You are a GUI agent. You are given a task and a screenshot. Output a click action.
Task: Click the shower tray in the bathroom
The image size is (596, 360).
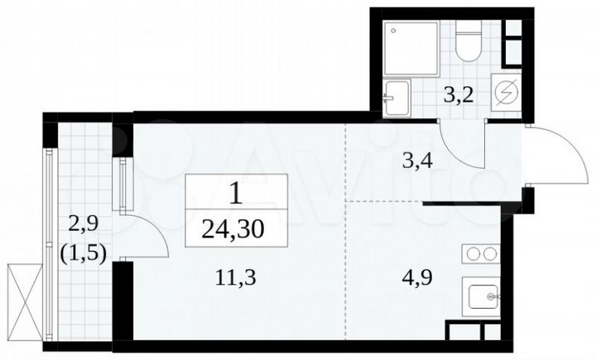pos(408,46)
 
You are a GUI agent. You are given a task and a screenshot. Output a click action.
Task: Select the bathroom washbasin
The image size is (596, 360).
pos(397,97)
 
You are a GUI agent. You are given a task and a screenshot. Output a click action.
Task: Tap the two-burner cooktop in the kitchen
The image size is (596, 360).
pos(481,254)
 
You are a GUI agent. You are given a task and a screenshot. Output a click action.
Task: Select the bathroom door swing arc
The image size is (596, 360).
pos(455,141)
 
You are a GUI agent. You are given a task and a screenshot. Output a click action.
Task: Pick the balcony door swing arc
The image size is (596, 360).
pos(149,236)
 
